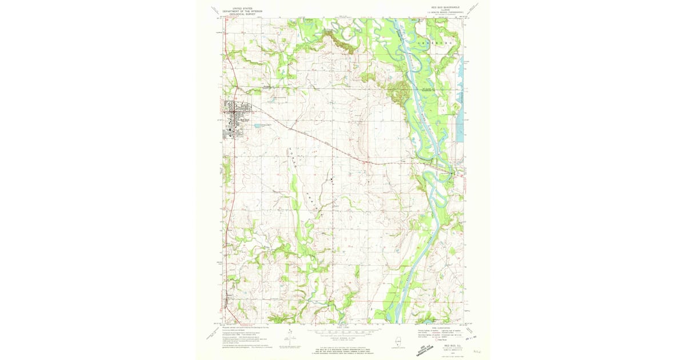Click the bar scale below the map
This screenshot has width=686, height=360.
click(x=342, y=330)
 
